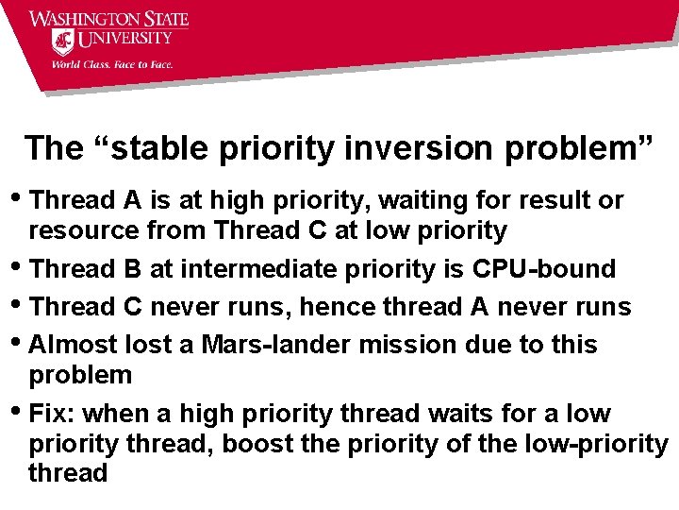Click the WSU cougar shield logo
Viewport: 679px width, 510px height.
[62, 42]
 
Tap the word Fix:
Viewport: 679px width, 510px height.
[52, 414]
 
